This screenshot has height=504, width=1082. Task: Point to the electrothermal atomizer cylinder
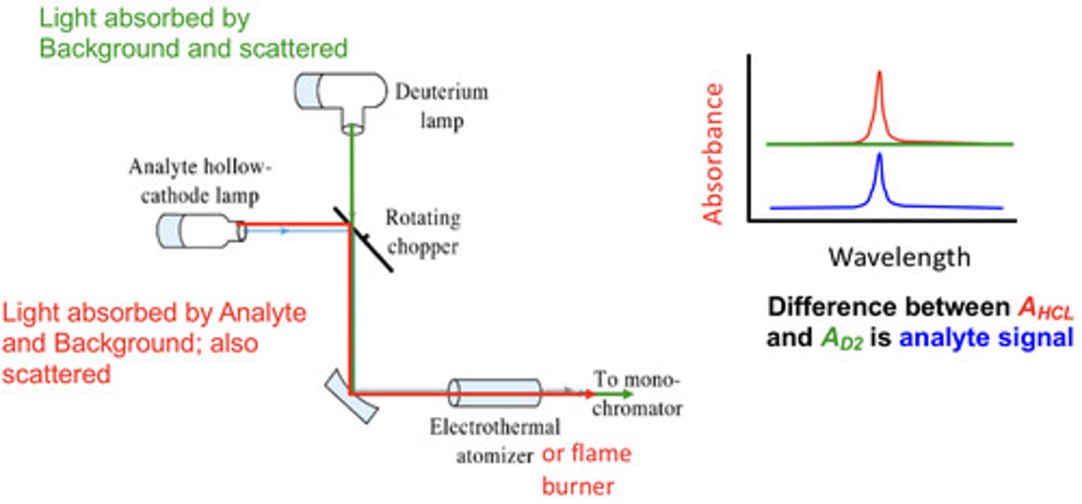[494, 394]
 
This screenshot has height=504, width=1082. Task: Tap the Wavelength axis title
[899, 258]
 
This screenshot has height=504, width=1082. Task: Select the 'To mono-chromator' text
[637, 394]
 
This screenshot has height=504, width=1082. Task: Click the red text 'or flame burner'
[586, 469]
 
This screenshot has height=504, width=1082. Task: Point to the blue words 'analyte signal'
[986, 338]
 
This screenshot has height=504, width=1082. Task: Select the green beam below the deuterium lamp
[351, 173]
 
